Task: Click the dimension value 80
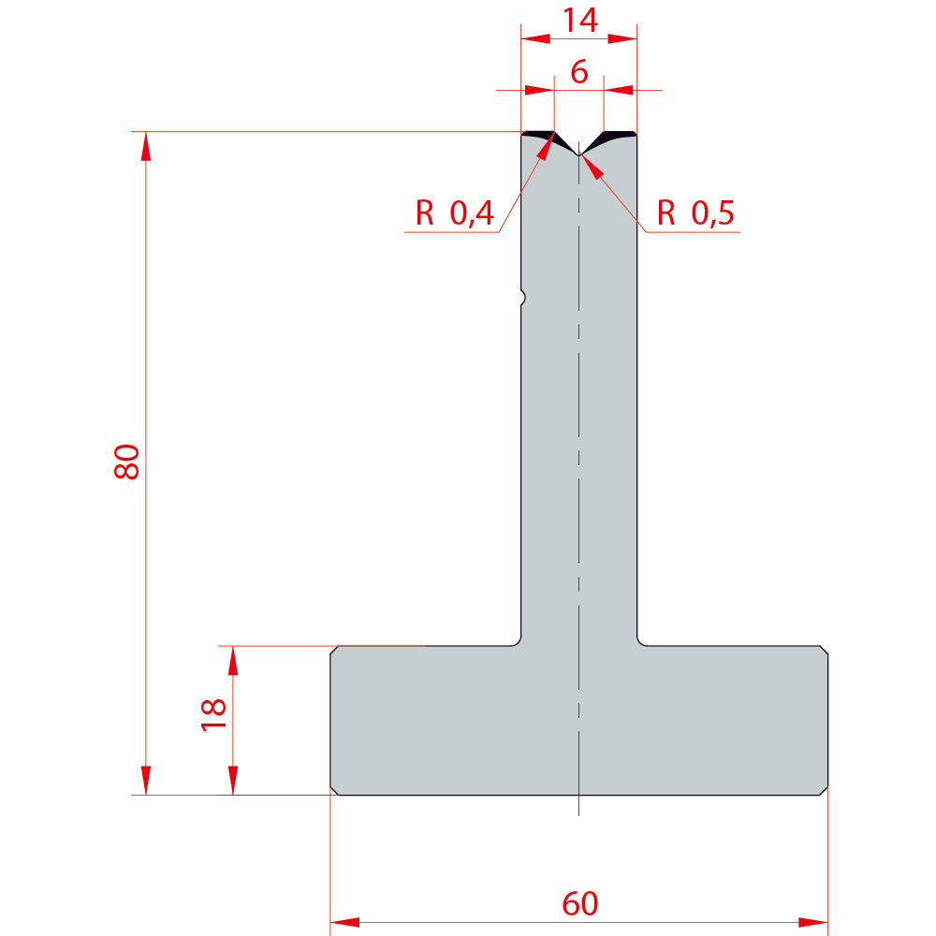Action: [x=126, y=461]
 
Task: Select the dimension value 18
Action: [x=213, y=714]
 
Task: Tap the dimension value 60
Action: [x=579, y=903]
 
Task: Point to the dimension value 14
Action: [x=579, y=21]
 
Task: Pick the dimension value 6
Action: [x=579, y=72]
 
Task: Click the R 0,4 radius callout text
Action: [x=455, y=212]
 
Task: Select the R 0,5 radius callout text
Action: [x=695, y=212]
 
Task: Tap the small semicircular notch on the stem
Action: [x=523, y=297]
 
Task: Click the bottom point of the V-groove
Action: [x=578, y=154]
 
